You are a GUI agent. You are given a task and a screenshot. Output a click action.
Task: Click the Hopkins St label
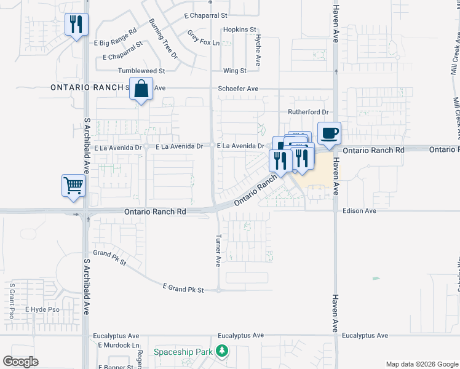tap(240, 30)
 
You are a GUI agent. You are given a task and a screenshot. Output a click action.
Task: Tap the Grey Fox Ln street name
tap(203, 38)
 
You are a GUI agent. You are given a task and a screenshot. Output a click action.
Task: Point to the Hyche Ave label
tap(258, 50)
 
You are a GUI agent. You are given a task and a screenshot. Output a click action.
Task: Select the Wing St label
tap(235, 71)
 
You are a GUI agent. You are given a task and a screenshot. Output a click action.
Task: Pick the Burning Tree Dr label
tap(163, 38)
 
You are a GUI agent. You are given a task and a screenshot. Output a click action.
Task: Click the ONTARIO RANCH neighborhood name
tap(87, 88)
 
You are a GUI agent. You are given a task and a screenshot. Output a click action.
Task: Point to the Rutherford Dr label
tap(309, 112)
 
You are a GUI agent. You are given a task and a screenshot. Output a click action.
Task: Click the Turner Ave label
tap(218, 251)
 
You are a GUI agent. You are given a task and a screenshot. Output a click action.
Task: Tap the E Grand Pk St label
tap(183, 288)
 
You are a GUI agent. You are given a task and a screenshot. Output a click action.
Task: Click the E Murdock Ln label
tap(119, 346)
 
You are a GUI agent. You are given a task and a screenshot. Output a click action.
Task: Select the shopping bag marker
tap(141, 89)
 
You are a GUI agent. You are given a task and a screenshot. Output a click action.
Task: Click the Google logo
tap(20, 362)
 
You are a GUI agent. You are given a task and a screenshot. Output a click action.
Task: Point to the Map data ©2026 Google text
tap(421, 364)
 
